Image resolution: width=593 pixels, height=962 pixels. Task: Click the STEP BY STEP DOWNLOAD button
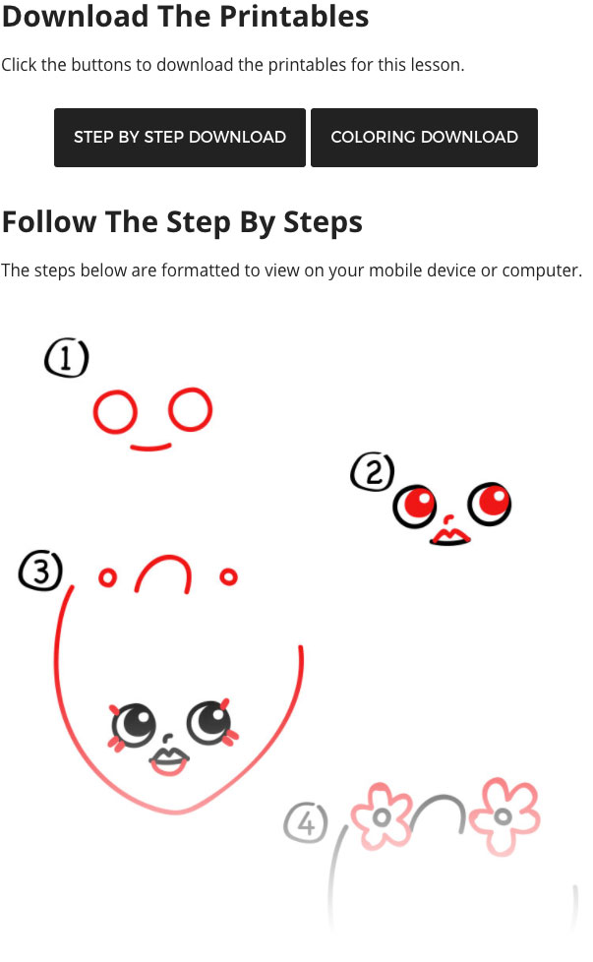[180, 138]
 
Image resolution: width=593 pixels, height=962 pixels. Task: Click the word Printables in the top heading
[294, 17]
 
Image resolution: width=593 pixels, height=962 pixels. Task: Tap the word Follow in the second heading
[49, 222]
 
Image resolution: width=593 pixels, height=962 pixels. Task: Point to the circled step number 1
[66, 357]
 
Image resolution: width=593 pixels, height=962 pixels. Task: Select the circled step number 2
[373, 472]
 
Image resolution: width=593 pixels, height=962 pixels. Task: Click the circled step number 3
[40, 571]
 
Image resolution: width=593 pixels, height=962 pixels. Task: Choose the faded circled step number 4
[306, 822]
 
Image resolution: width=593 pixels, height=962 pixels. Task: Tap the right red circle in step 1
[169, 409]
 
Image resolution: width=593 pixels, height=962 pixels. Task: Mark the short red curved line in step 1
[150, 449]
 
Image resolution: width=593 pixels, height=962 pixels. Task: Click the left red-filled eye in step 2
[415, 507]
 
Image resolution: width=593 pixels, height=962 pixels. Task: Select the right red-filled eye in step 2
[490, 504]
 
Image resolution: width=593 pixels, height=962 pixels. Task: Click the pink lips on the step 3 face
[168, 762]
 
